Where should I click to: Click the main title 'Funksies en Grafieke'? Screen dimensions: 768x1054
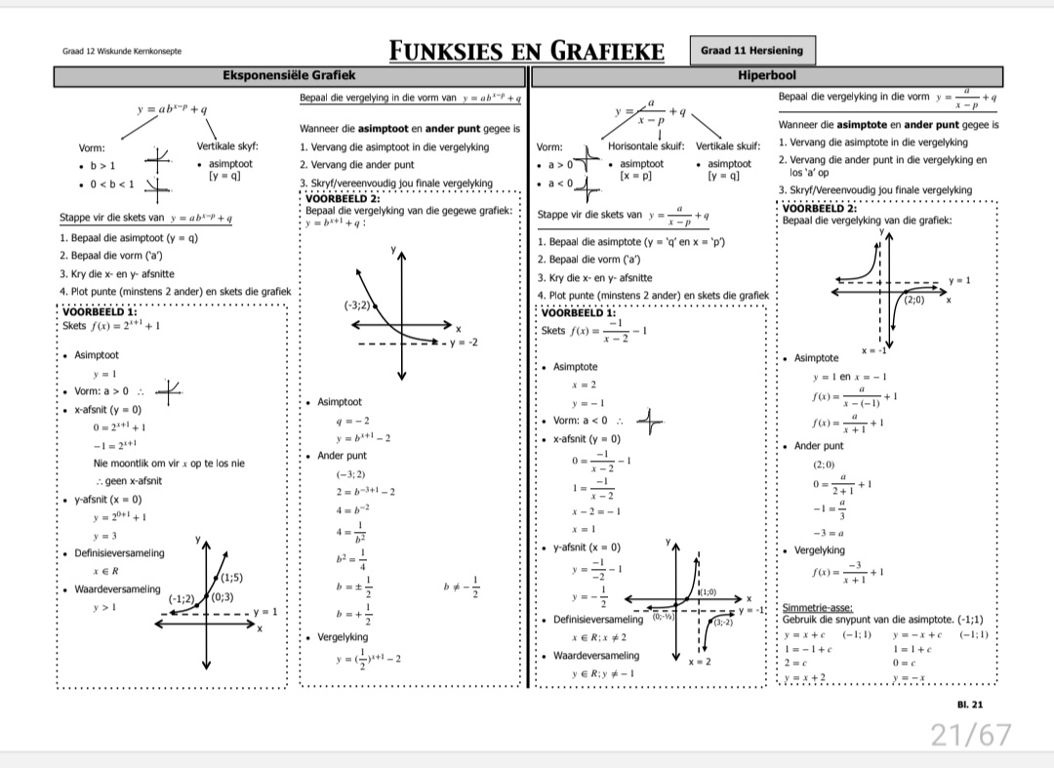527,51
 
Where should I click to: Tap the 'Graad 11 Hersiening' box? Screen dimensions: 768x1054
752,51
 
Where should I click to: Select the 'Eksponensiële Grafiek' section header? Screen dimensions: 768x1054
289,75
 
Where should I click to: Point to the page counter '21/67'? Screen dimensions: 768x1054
971,734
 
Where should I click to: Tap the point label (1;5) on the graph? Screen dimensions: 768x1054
231,577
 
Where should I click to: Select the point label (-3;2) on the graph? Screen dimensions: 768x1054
357,305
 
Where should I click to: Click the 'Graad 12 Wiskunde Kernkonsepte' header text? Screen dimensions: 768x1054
122,52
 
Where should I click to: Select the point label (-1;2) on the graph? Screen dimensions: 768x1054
182,598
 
